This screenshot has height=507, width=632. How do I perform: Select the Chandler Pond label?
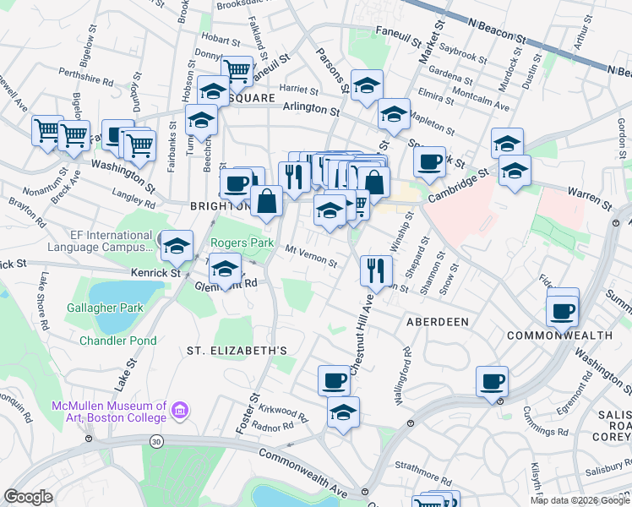117,341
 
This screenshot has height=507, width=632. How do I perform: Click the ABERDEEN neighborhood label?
437,323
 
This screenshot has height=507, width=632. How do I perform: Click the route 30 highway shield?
156,442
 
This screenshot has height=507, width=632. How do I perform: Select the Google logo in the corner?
29,497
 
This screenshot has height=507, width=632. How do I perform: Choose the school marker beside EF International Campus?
176,245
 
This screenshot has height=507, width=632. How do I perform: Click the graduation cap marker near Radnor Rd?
343,412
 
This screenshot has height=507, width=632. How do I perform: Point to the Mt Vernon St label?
312,256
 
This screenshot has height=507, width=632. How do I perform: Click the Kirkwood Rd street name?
285,410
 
